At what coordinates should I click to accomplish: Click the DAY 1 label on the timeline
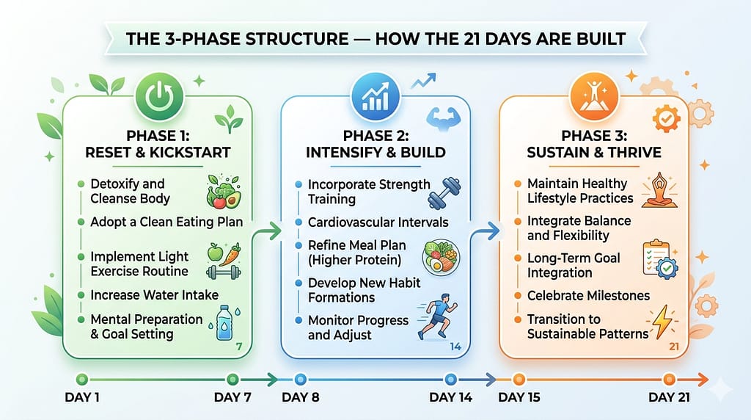coord(81,397)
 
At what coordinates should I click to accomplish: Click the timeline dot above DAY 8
coord(298,380)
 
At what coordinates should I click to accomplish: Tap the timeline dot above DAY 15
coord(519,380)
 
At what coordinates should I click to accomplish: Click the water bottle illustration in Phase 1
coord(224,322)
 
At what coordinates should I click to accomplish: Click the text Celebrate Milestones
coord(588,296)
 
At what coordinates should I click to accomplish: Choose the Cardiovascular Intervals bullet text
coord(378,222)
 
